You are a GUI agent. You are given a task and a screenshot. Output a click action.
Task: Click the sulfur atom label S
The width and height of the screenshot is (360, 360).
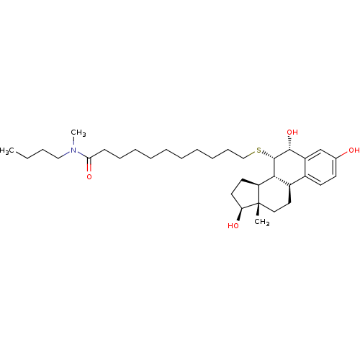tap(258, 150)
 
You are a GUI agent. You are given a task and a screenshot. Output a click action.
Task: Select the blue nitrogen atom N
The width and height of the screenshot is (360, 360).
tap(73, 150)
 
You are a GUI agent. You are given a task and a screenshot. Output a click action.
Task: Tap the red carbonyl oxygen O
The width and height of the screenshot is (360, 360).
tap(89, 177)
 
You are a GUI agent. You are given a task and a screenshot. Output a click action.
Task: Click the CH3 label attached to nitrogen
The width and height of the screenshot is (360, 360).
tap(78, 132)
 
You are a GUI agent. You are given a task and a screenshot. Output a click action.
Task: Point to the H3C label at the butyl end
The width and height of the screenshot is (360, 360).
tap(6, 151)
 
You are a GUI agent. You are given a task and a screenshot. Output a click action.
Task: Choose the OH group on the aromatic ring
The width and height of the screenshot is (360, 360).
tap(354, 150)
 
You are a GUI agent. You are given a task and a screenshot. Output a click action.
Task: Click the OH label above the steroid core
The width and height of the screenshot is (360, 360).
tap(292, 132)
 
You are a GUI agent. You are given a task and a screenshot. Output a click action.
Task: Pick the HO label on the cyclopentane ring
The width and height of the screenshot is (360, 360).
tap(233, 225)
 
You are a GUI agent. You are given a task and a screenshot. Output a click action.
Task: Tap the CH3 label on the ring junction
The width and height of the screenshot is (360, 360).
tap(262, 222)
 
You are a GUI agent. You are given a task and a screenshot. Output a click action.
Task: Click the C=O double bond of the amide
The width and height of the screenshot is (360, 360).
tap(89, 165)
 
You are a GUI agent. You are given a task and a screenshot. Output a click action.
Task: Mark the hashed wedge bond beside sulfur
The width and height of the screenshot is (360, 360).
tap(268, 155)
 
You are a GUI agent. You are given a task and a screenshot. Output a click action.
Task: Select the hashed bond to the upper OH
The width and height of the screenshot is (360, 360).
tap(290, 143)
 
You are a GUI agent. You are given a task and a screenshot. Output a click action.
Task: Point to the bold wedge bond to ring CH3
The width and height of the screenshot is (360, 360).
tap(258, 210)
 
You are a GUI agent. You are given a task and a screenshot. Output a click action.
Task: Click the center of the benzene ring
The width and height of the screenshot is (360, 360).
tap(320, 167)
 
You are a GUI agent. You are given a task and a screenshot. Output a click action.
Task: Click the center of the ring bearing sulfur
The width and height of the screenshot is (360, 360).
tap(289, 167)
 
